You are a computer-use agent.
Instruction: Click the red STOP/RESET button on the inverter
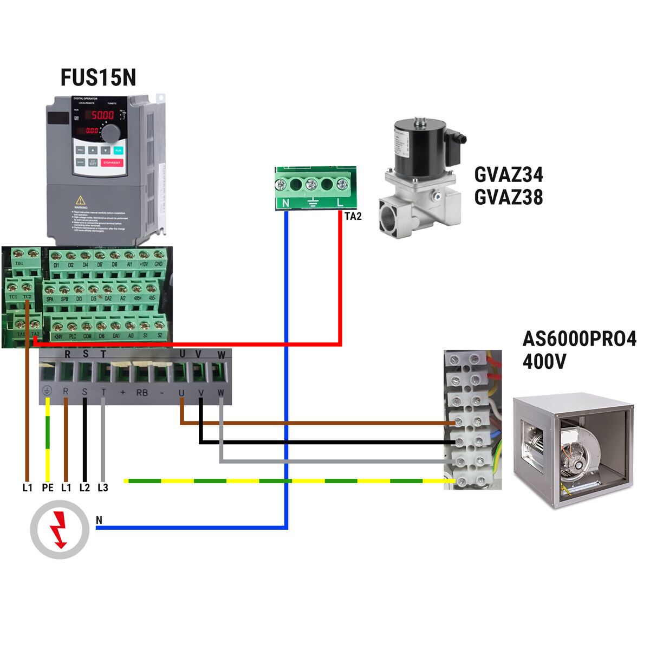coord(112,162)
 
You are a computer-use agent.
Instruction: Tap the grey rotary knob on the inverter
coord(111,133)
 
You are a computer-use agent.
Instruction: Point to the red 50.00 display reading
coord(102,115)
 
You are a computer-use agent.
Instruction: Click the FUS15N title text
coord(98,77)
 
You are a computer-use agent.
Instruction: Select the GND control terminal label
coord(159,264)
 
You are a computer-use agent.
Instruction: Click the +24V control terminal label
coord(58,336)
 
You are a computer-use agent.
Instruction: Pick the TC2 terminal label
coord(28,297)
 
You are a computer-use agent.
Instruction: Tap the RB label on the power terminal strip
coord(142,392)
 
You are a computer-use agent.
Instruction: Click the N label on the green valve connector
coord(286,203)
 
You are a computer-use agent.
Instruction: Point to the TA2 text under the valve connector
coord(353,217)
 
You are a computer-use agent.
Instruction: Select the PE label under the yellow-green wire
coord(48,487)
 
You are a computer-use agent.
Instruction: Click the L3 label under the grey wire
coord(103,487)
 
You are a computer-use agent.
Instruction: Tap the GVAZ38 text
coord(508,197)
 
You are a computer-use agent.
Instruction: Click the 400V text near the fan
coord(544,361)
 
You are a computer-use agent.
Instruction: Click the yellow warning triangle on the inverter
coord(81,200)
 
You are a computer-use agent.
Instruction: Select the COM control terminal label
coord(87,336)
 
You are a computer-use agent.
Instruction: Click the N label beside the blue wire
coord(99,521)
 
